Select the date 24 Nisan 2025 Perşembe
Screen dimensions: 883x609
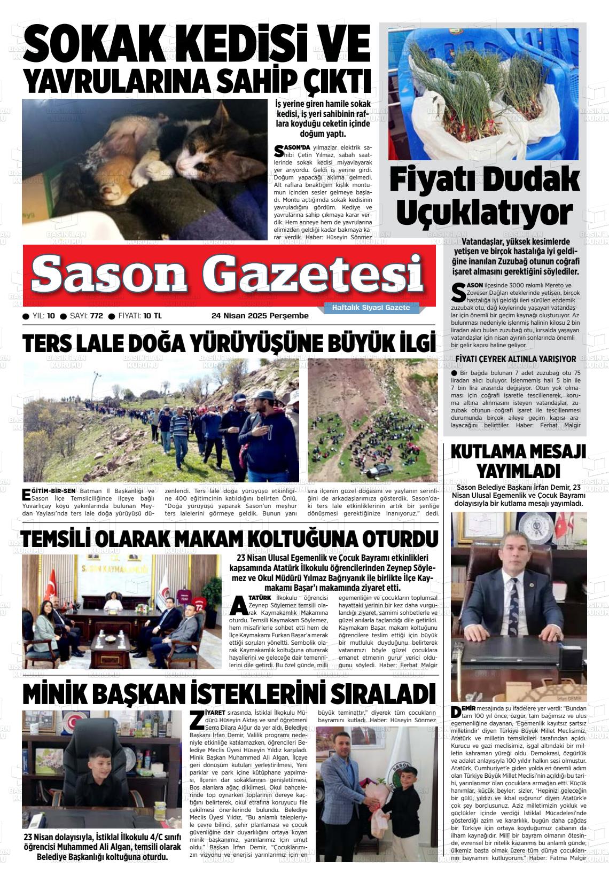click(x=260, y=316)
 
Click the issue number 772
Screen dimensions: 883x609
click(x=96, y=316)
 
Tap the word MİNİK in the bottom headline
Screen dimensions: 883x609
click(x=53, y=694)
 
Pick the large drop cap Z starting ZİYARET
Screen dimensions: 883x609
click(x=197, y=720)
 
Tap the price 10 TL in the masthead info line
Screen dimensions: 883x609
click(x=153, y=316)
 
